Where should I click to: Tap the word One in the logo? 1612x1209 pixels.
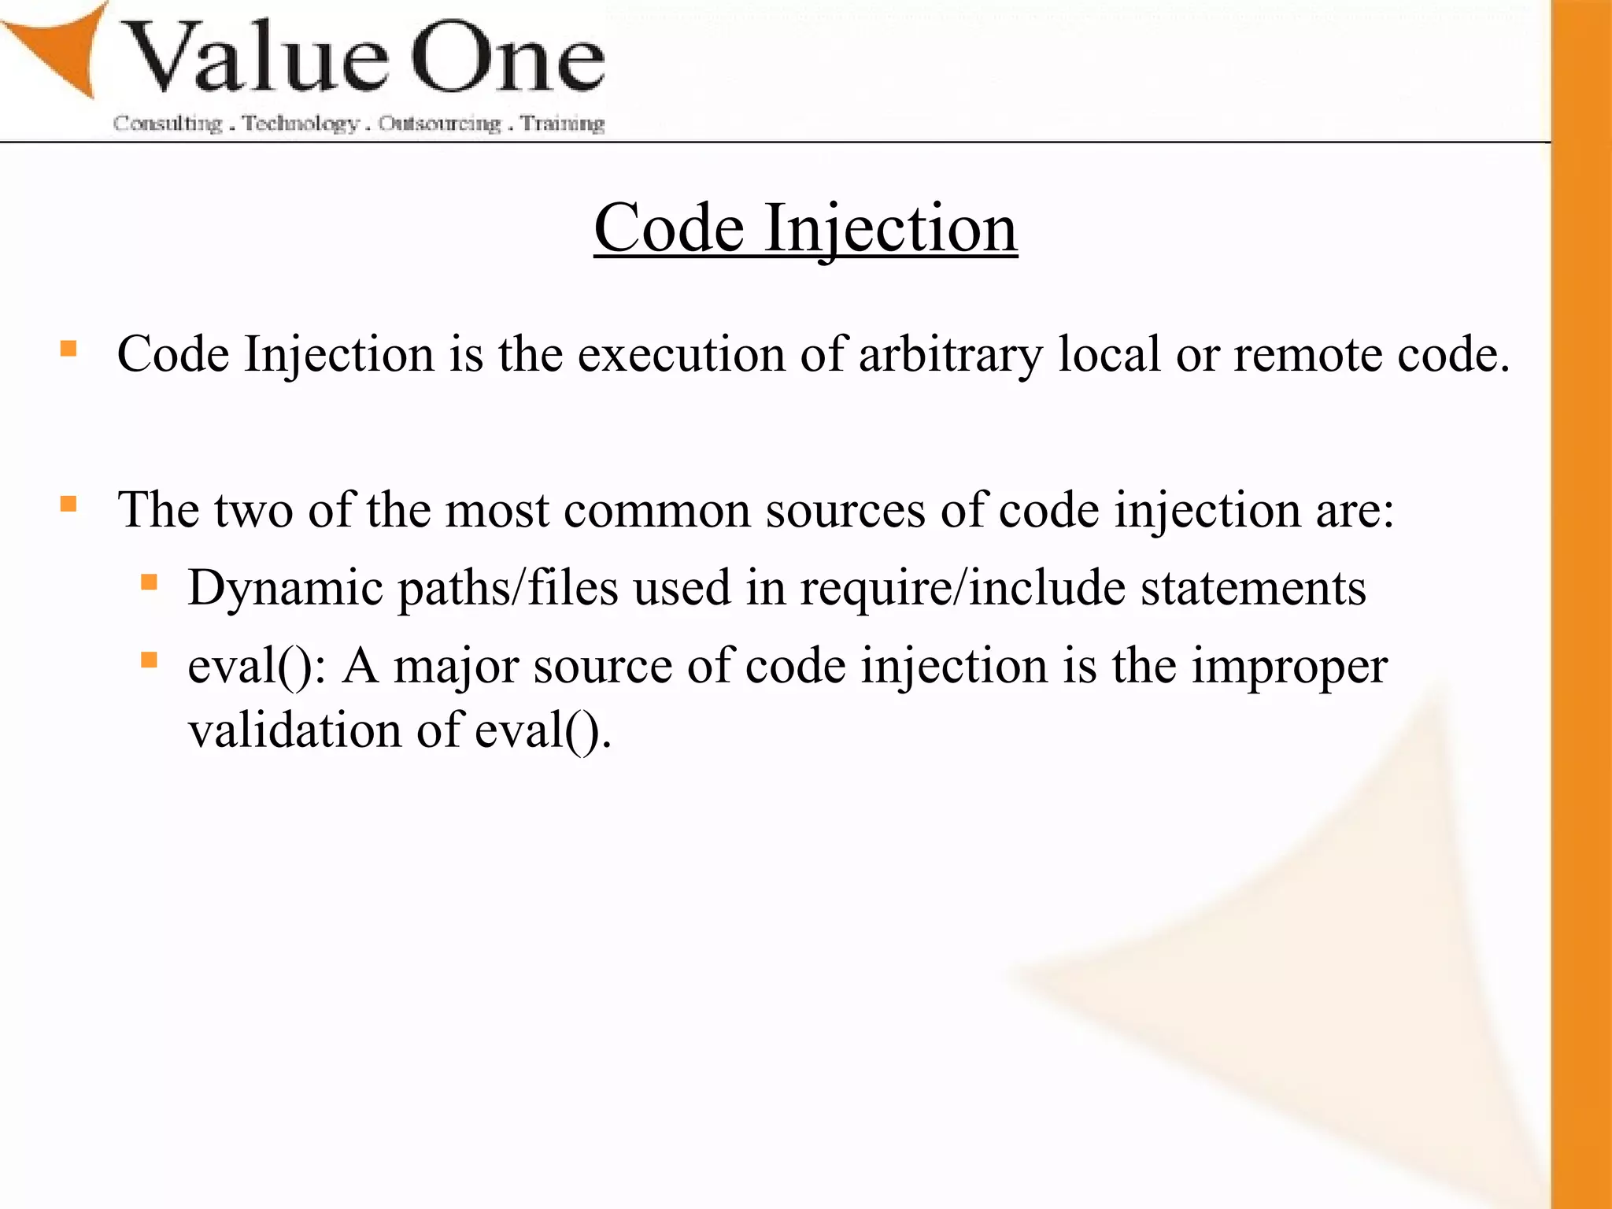[508, 58]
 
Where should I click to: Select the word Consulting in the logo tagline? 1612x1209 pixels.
[168, 124]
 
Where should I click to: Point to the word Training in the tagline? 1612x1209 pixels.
[562, 124]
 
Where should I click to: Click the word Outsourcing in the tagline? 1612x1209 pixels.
[439, 124]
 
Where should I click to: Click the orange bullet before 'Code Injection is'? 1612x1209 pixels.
[68, 348]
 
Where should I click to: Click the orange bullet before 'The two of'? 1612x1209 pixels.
[68, 503]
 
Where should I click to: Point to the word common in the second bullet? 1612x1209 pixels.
[657, 510]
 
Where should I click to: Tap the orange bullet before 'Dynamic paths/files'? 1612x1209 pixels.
[149, 582]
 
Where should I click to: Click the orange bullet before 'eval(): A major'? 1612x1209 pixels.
[149, 660]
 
